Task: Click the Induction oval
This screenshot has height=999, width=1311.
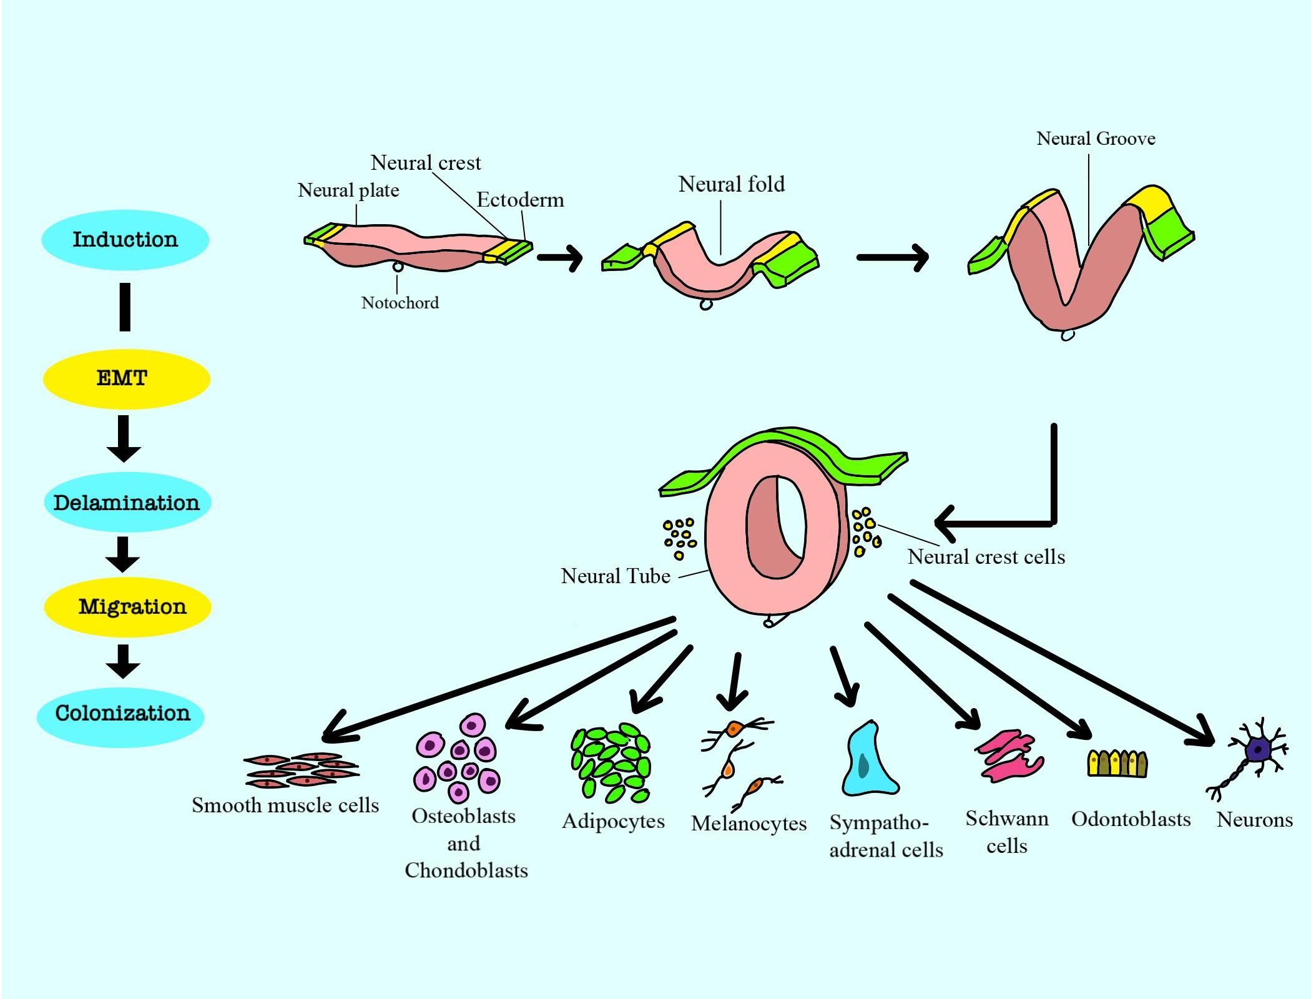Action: [x=125, y=240]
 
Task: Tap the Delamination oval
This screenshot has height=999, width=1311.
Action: [x=127, y=503]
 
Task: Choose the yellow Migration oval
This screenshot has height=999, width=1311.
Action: [x=127, y=607]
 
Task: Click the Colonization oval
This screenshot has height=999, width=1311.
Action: [x=121, y=714]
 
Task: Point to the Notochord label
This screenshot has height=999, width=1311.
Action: [x=400, y=303]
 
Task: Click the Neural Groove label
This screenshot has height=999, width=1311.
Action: [x=1096, y=139]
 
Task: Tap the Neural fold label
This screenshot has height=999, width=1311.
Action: [x=731, y=184]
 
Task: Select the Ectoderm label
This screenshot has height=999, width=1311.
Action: [x=520, y=200]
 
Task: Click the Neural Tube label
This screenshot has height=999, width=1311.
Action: [x=616, y=576]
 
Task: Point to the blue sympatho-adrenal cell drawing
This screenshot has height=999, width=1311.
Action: [x=868, y=760]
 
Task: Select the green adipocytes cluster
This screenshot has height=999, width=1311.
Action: [x=611, y=763]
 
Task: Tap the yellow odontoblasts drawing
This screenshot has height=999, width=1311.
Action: [x=1117, y=763]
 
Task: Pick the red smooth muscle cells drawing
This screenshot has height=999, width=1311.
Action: [x=302, y=770]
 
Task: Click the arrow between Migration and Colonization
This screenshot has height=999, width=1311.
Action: [x=123, y=661]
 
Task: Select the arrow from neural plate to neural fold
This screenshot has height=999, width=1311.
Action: [x=560, y=257]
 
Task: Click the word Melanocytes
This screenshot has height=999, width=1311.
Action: [x=749, y=824]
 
